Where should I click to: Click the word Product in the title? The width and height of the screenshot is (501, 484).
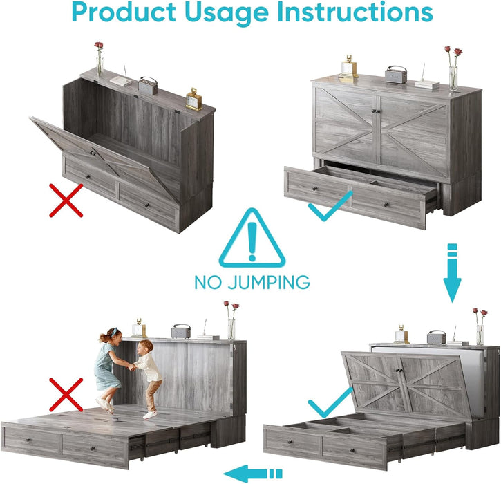click(x=124, y=12)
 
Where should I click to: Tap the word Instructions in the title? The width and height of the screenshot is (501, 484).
click(x=355, y=12)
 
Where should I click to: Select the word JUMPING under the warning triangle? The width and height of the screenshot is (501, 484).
click(x=269, y=282)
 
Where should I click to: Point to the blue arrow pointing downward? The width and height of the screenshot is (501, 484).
click(x=452, y=272)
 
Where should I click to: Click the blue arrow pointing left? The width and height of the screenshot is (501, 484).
click(x=253, y=474)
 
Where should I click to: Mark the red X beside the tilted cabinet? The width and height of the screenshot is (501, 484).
click(x=66, y=201)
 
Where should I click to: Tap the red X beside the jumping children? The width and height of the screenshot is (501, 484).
click(x=66, y=395)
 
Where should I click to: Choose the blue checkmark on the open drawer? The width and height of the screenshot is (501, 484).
click(x=330, y=207)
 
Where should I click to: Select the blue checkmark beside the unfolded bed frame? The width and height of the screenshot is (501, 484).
click(x=330, y=402)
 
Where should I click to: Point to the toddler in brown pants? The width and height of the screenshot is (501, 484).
click(x=149, y=379)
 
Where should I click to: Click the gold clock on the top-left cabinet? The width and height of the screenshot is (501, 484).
click(x=193, y=100)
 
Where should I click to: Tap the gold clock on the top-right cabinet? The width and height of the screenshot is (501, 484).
click(x=348, y=68)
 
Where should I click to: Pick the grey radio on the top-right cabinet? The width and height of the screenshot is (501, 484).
click(x=396, y=75)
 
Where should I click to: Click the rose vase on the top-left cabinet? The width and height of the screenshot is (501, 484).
click(x=100, y=59)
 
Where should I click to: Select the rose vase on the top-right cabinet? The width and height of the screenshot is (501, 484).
click(x=454, y=68)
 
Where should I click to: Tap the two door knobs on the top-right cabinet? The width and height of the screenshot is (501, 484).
click(x=376, y=111)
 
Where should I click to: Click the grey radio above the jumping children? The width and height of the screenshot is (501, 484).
click(x=181, y=331)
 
